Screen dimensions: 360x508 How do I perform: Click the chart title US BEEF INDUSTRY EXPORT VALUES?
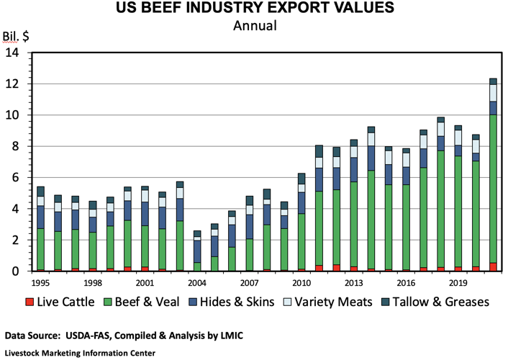tap(254, 9)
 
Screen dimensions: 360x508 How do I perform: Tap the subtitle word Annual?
tap(254, 27)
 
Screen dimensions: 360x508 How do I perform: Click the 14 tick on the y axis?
tap(13, 53)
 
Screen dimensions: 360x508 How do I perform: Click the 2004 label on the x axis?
tap(197, 283)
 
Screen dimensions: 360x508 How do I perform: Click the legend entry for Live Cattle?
tap(60, 302)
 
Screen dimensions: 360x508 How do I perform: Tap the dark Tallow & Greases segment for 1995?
tap(41, 191)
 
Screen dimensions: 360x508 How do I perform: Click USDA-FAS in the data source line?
tap(96, 336)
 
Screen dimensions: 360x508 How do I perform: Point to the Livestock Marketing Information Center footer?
tap(80, 353)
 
